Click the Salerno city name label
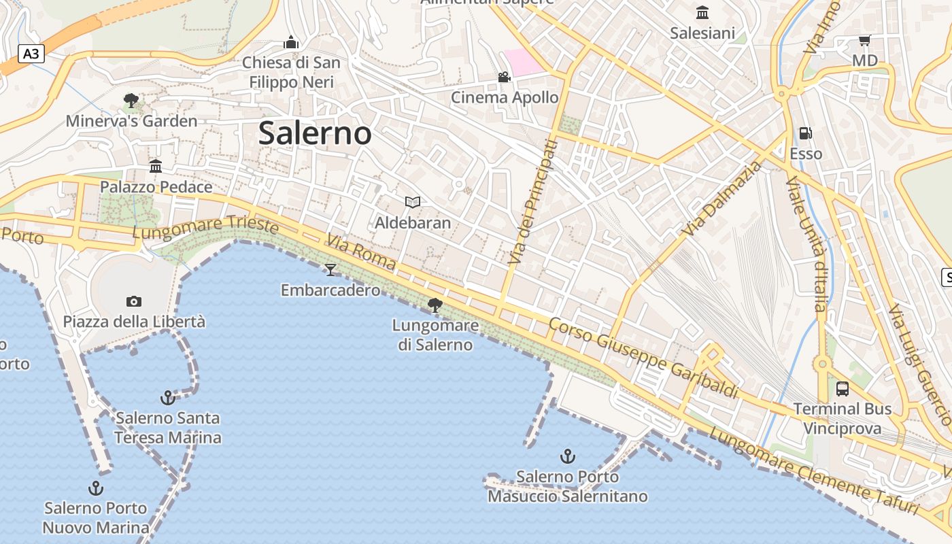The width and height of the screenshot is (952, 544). tap(315, 133)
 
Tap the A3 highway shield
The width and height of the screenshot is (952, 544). tap(31, 54)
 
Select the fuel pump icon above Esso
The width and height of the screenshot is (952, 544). tap(806, 133)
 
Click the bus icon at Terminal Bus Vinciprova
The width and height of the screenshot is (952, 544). tap(843, 389)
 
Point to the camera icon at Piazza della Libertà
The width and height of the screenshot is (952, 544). tap(134, 301)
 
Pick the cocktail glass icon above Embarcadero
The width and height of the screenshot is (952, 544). tap(330, 270)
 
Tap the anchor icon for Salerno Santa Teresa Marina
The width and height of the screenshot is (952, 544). tap(167, 397)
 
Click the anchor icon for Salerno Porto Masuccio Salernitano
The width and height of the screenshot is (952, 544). tap(567, 456)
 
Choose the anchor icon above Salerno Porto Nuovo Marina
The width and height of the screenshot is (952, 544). tap(96, 488)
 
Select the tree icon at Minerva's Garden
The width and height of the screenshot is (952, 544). tap(131, 101)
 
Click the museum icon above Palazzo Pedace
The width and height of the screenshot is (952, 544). tap(156, 166)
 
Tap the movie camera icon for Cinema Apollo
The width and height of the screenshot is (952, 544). tap(504, 78)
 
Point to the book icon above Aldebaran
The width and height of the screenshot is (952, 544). tap(413, 202)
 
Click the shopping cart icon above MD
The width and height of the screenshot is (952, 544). tap(864, 40)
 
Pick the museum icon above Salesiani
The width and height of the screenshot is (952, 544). tap(702, 12)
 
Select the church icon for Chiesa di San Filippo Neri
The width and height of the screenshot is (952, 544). tap(291, 42)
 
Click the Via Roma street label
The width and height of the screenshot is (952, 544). tap(360, 252)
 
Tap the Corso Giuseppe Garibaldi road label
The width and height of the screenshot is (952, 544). tap(643, 358)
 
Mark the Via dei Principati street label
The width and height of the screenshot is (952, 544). tap(532, 202)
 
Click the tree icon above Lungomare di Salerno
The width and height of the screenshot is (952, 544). tap(435, 305)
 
